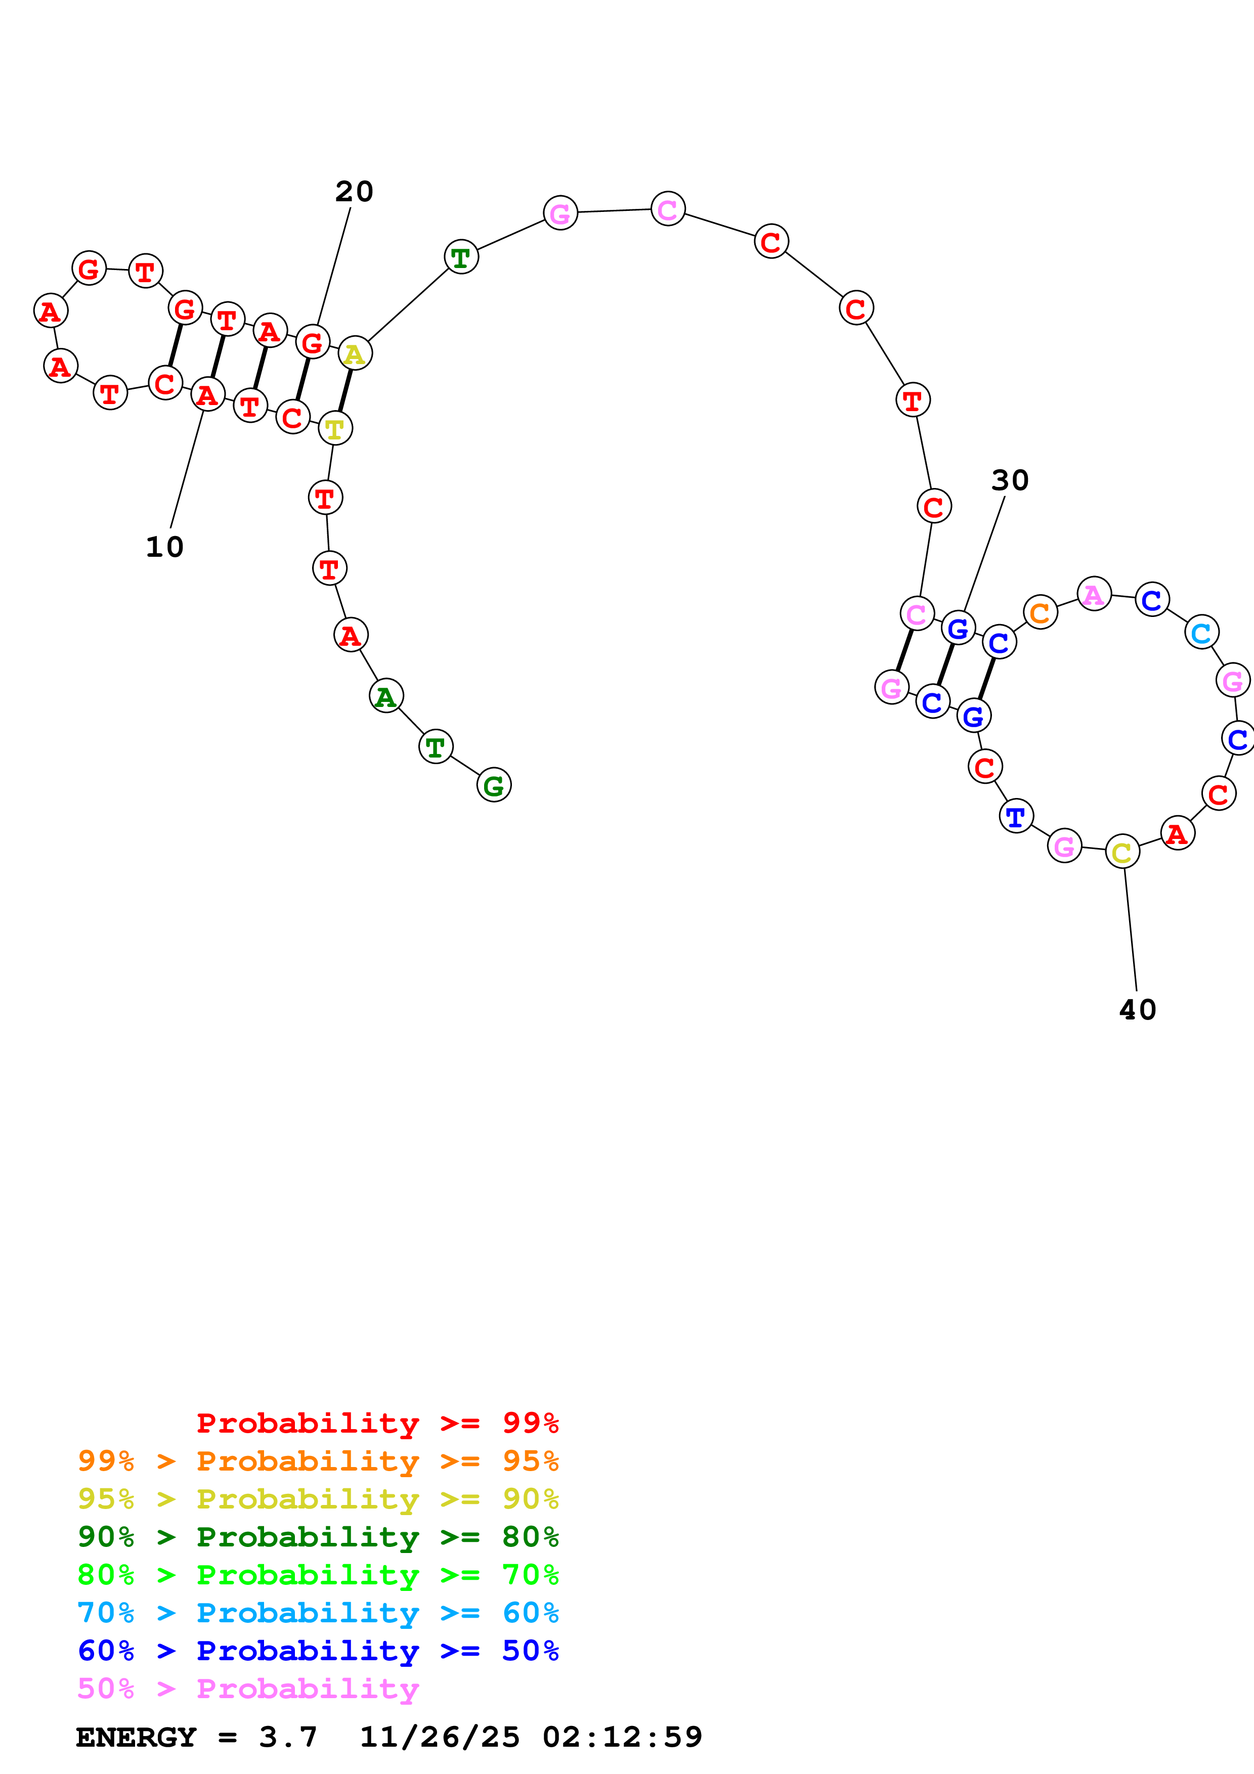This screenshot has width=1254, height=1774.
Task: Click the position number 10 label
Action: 164,547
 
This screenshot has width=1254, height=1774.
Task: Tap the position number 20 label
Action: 354,192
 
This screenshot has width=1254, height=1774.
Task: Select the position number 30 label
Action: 1010,480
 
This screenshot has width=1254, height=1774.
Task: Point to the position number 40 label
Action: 1137,1010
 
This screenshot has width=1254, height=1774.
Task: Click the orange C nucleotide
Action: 1040,613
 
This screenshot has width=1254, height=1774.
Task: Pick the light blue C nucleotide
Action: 1201,633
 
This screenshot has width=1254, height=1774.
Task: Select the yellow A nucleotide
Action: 355,354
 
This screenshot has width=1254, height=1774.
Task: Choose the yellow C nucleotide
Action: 1122,852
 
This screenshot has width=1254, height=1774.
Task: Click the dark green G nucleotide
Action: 494,786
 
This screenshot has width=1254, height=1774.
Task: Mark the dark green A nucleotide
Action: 385,696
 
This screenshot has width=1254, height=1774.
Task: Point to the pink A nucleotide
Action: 1093,595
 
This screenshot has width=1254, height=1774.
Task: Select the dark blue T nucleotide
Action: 1016,817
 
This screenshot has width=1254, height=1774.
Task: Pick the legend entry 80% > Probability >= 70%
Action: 318,1575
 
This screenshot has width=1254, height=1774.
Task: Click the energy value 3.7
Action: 287,1737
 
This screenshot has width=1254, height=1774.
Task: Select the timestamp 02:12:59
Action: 622,1737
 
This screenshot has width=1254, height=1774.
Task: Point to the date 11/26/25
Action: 440,1737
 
